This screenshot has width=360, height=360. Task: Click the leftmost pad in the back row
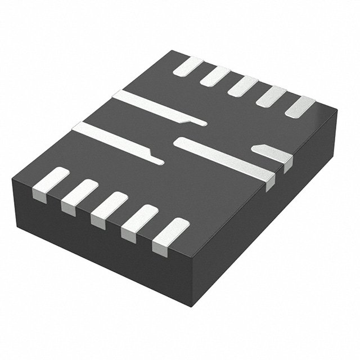pos(188,66)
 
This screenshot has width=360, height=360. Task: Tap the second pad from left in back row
pos(215,76)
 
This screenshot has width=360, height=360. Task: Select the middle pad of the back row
pos(242,85)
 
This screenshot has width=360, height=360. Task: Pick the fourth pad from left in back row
pos(271,96)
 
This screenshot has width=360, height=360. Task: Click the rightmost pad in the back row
pos(300,106)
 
